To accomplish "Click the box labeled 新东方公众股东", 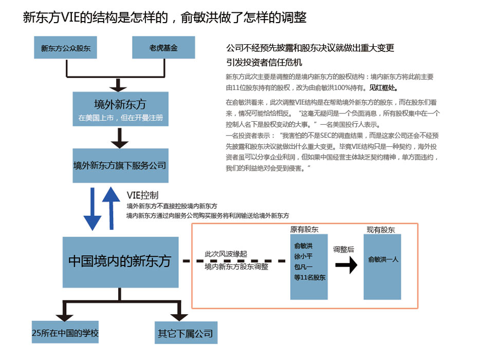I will coord(66,48).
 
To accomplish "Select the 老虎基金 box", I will coord(163,48).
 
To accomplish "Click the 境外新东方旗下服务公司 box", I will coord(120,165).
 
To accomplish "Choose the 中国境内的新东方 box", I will coord(120,261).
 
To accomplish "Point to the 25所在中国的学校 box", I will coord(65,333).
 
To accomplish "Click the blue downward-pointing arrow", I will coord(92,208).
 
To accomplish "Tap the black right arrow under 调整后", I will coord(346,266).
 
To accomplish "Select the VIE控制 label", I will coord(142,195).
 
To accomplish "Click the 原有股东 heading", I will coord(304,230).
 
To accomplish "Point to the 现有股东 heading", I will coord(381,230).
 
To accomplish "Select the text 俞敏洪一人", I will coord(383,259).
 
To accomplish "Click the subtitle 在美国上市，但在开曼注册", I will coord(120,118).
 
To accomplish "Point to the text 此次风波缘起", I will coord(226,254).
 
